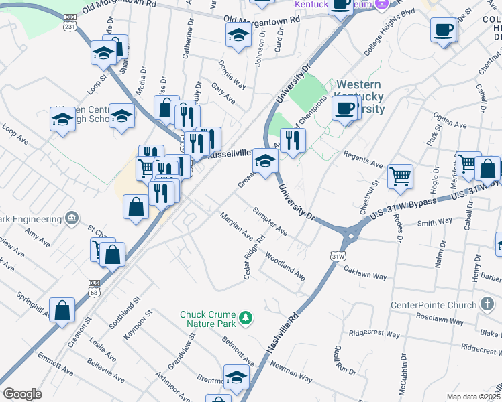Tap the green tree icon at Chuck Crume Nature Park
[246, 316]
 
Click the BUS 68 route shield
[94, 287]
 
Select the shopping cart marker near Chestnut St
[400, 176]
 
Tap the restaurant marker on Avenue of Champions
[293, 139]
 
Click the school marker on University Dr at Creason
[265, 161]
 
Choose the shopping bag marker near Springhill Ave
[62, 310]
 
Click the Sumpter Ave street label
[270, 222]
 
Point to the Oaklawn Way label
[365, 275]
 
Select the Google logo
[22, 393]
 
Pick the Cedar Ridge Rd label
[252, 257]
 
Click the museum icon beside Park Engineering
[72, 218]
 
